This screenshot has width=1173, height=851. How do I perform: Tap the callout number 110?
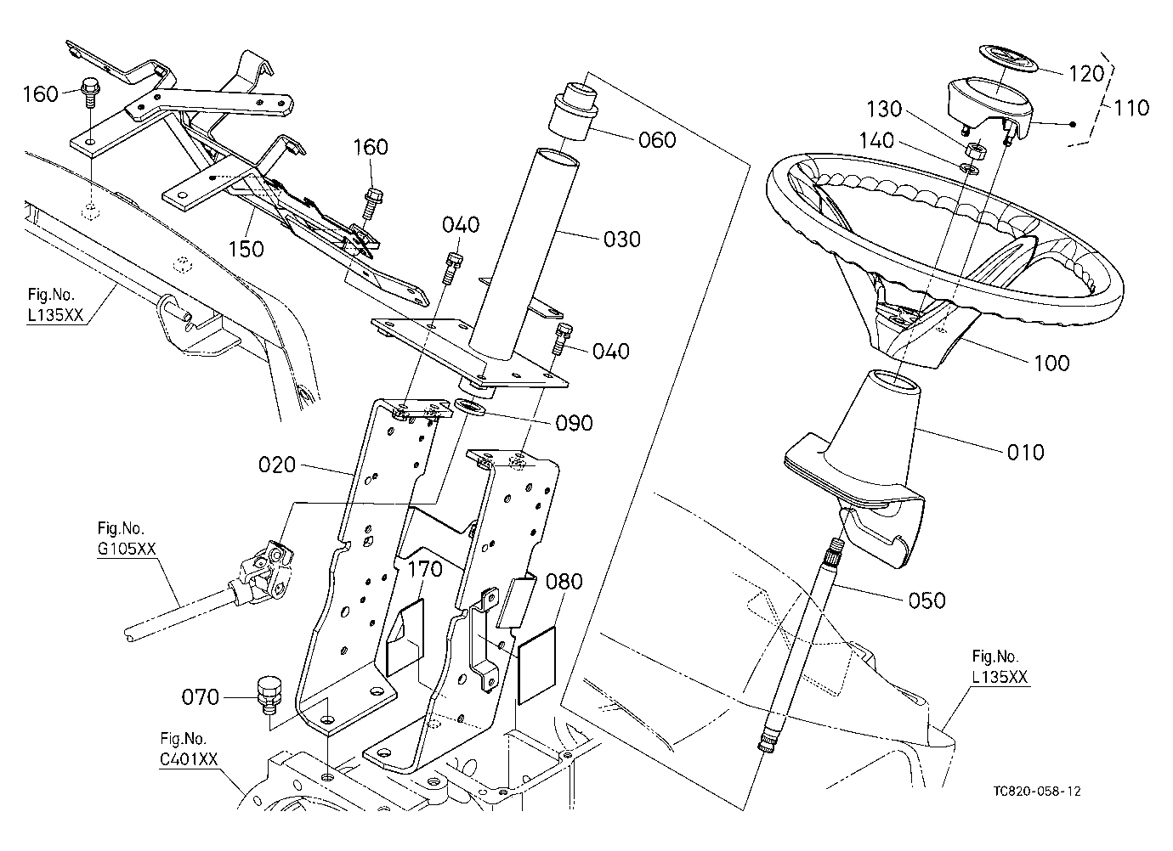coord(1131,108)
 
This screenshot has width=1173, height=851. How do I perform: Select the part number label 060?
coord(657,140)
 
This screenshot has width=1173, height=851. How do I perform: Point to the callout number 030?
coord(622,240)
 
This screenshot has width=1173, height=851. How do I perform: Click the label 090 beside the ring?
coord(574,423)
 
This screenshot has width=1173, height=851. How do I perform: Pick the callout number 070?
coord(200,697)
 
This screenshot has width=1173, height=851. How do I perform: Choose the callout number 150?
coord(246,249)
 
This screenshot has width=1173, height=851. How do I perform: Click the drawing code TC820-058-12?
coord(1037,791)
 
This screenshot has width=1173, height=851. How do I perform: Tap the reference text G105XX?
coord(127,549)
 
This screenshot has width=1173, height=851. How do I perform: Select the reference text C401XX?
coord(189,759)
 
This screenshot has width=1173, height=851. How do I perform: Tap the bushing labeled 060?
coord(574,111)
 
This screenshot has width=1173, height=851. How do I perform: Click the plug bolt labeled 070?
coord(269,695)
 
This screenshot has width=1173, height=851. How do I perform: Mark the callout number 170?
coord(425,569)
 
